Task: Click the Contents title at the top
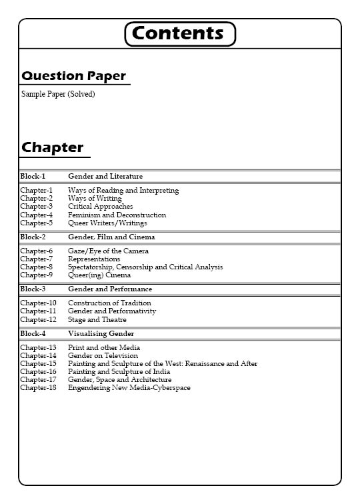pyautogui.click(x=180, y=33)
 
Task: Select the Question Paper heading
pyautogui.click(x=73, y=76)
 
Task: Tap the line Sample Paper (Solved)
pyautogui.click(x=58, y=94)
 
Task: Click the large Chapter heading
pyautogui.click(x=53, y=147)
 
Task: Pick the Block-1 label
pyautogui.click(x=33, y=177)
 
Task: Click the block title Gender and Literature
pyautogui.click(x=105, y=177)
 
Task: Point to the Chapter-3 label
pyautogui.click(x=36, y=207)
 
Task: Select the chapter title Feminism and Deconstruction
pyautogui.click(x=117, y=215)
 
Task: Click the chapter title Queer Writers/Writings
pyautogui.click(x=107, y=223)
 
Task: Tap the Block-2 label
pyautogui.click(x=33, y=237)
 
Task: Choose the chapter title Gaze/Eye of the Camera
pyautogui.click(x=108, y=251)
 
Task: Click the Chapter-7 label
pyautogui.click(x=36, y=259)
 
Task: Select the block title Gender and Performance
pyautogui.click(x=110, y=289)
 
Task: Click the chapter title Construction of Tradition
pyautogui.click(x=109, y=303)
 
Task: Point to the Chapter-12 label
pyautogui.click(x=38, y=320)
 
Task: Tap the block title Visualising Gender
pyautogui.click(x=101, y=334)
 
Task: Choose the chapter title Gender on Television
pyautogui.click(x=103, y=356)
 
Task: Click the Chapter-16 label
pyautogui.click(x=38, y=372)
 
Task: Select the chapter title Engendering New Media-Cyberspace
pyautogui.click(x=129, y=388)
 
